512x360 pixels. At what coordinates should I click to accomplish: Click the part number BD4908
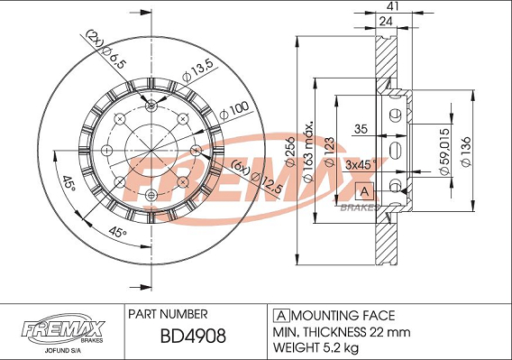193,336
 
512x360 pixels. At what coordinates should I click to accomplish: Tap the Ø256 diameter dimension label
289,152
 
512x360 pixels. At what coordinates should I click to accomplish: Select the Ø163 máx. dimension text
308,152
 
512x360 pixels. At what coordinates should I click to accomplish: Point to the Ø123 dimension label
329,152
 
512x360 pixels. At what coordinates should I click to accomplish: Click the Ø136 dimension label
466,151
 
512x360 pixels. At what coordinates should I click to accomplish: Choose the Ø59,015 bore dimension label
443,152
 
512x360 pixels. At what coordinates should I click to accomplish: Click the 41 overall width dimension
395,6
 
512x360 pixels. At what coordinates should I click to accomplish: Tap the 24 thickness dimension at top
386,22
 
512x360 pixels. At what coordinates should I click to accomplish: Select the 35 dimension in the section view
361,129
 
